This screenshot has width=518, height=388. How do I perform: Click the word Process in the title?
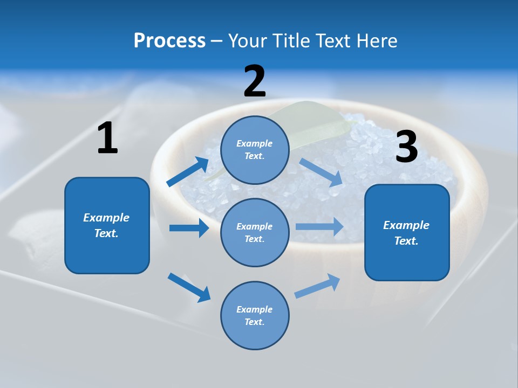tap(169, 41)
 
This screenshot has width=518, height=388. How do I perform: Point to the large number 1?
tap(107, 138)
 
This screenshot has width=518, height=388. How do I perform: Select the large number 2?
tap(255, 81)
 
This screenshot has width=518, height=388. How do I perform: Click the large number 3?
tap(406, 147)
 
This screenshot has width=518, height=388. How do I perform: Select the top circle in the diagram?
tap(255, 150)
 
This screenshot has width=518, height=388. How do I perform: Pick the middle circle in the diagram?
tap(255, 232)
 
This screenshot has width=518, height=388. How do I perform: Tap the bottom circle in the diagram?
tap(255, 315)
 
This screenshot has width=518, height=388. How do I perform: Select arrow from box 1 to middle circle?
tap(189, 228)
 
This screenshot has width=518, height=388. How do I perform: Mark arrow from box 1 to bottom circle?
tap(189, 287)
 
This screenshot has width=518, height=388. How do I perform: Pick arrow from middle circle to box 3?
tap(319, 226)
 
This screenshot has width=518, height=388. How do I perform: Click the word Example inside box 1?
tap(106, 218)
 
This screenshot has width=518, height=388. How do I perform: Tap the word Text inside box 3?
tap(406, 241)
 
